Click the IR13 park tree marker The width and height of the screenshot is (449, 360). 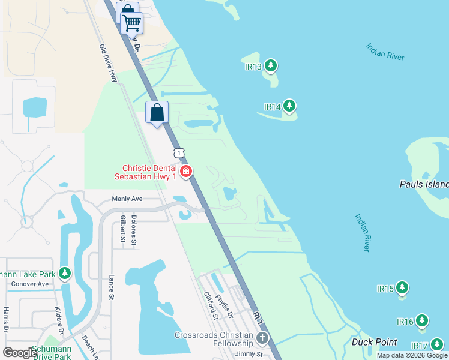[271, 65]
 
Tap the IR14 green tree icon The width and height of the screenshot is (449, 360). [290, 106]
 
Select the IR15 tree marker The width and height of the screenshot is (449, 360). [402, 288]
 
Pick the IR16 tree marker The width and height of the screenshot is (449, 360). [422, 321]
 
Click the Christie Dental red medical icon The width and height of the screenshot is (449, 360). [187, 172]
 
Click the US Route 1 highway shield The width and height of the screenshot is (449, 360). [178, 153]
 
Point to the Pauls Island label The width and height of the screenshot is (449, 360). [424, 184]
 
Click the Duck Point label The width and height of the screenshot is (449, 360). [374, 342]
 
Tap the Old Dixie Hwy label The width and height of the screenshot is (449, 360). [109, 63]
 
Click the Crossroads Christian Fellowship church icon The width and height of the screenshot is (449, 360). [261, 339]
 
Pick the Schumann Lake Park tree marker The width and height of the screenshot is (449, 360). [65, 274]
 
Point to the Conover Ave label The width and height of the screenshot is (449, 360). [29, 284]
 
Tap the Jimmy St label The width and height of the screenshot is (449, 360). [249, 355]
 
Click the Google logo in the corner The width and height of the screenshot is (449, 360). [20, 353]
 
